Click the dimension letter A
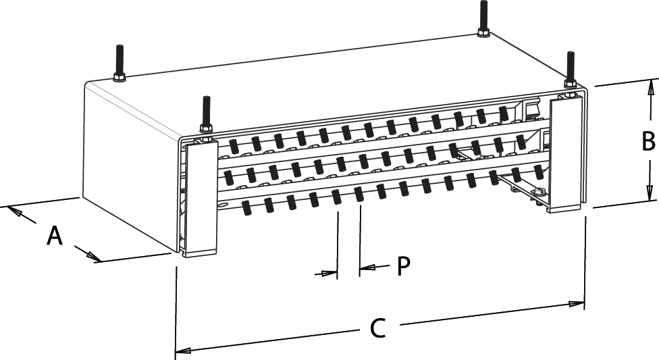point(55,236)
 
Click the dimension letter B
point(648,142)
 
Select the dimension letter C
point(378,329)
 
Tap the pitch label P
point(403,265)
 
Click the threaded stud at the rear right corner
point(483,16)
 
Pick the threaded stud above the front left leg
point(207,115)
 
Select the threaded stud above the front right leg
point(571,68)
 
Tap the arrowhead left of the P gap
point(329,274)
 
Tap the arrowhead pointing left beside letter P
point(366,268)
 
